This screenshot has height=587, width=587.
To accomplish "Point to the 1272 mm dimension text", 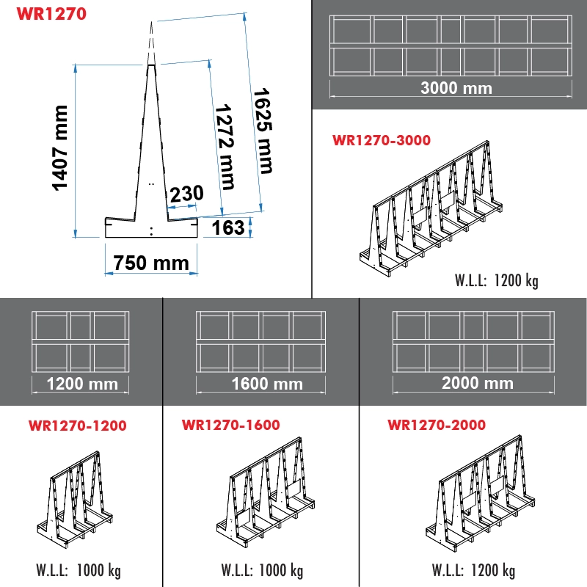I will (x=224, y=145).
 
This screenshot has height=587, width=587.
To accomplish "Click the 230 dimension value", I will (x=186, y=194).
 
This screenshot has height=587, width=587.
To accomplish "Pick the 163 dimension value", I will (x=227, y=227).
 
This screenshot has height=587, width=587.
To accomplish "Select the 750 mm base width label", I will (x=151, y=262).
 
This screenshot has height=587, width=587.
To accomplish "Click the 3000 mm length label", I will (x=456, y=88).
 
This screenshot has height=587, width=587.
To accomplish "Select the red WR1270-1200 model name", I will (x=77, y=426).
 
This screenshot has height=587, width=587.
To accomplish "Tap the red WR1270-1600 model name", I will (x=230, y=425).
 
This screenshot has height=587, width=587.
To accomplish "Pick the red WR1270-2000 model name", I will (x=437, y=425).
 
